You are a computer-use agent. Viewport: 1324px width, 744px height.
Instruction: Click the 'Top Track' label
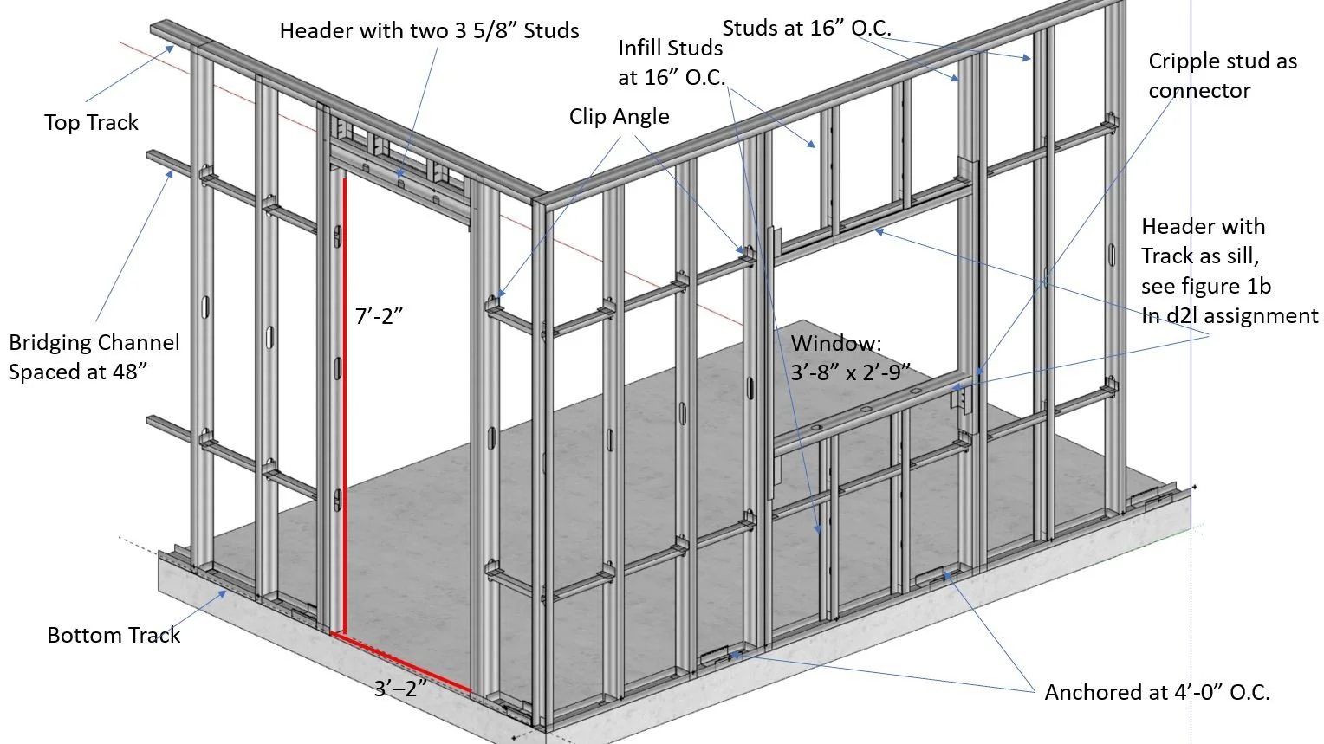pyautogui.click(x=91, y=122)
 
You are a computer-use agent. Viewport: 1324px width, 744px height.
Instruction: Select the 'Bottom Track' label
pyautogui.click(x=114, y=635)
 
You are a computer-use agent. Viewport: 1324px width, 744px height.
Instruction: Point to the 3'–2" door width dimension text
pyautogui.click(x=401, y=689)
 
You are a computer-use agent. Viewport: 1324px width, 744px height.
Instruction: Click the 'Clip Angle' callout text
pyautogui.click(x=619, y=117)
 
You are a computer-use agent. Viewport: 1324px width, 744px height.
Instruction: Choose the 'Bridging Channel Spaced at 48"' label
pyautogui.click(x=94, y=356)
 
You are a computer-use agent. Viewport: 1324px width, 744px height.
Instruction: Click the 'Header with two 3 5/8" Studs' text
pyautogui.click(x=429, y=31)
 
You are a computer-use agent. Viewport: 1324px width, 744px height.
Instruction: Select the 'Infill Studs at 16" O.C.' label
pyautogui.click(x=671, y=61)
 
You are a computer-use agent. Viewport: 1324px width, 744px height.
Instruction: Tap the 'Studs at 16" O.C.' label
pyautogui.click(x=807, y=28)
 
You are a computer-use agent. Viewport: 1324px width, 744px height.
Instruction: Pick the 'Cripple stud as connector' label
pyautogui.click(x=1222, y=76)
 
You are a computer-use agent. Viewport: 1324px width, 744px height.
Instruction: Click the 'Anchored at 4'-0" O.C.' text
pyautogui.click(x=1157, y=692)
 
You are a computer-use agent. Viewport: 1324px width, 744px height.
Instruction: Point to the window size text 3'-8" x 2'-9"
pyautogui.click(x=851, y=372)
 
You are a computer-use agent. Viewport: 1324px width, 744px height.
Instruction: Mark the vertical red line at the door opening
pyautogui.click(x=344, y=407)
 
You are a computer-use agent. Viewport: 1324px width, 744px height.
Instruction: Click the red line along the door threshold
pyautogui.click(x=403, y=663)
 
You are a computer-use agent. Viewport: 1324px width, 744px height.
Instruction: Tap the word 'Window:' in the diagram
pyautogui.click(x=836, y=343)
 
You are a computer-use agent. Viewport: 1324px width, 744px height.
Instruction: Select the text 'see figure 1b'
pyautogui.click(x=1205, y=286)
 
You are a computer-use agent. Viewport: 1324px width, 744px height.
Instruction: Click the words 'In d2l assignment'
pyautogui.click(x=1230, y=315)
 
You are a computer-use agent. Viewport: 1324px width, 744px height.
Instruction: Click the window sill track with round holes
pyautogui.click(x=866, y=415)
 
